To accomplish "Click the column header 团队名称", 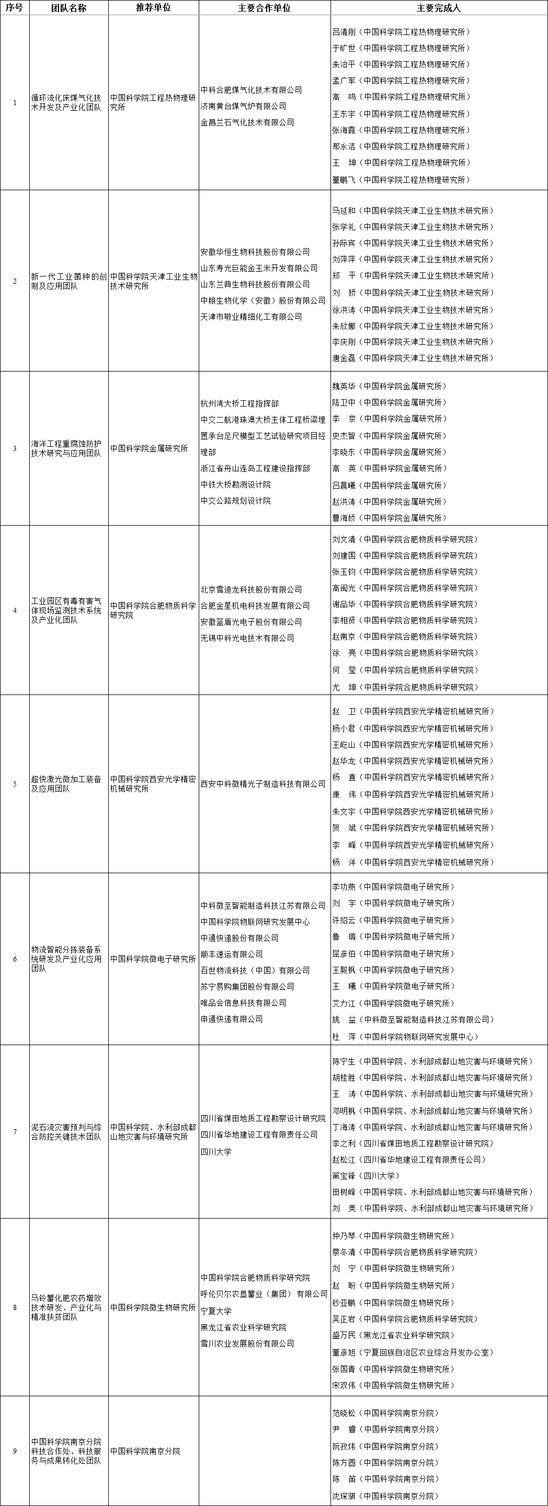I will [68, 8].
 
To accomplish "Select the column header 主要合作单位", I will [265, 8].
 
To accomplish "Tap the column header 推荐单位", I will [153, 8].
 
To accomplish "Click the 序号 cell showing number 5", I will [15, 784].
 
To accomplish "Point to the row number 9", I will [15, 1451].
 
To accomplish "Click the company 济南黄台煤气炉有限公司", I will [243, 107].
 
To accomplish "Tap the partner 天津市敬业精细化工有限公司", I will [251, 317].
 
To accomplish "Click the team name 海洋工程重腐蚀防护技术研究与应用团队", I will [66, 448].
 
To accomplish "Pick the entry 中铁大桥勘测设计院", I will [235, 484].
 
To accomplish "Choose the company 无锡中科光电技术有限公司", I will [247, 639].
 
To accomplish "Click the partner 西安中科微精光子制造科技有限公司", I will [262, 784].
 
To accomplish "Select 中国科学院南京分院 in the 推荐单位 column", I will [145, 1451].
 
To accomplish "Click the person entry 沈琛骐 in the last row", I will [344, 1496].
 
